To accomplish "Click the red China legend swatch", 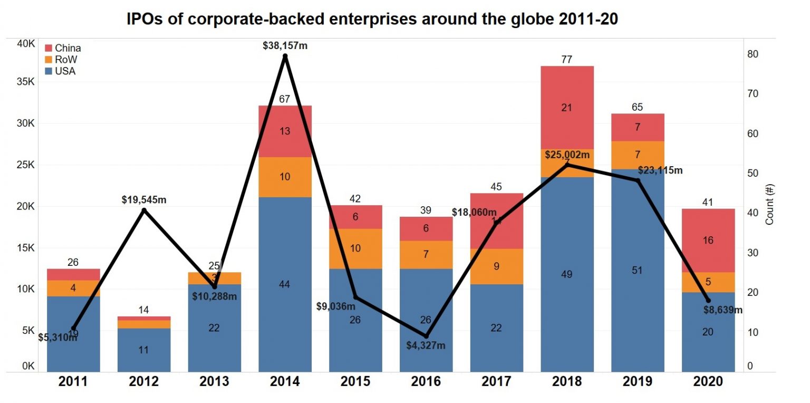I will [x=49, y=48].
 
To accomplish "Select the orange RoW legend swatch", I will [x=49, y=60].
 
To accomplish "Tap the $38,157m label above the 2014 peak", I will [x=285, y=46].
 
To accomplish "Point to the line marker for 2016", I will [x=426, y=336].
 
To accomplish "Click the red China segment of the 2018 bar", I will [x=567, y=108].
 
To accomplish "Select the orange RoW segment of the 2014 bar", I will [x=285, y=177].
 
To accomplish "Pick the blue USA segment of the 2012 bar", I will [x=143, y=350].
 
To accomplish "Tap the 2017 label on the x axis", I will [x=496, y=381].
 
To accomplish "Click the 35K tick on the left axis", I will [x=25, y=82].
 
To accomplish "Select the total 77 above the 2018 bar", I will [x=567, y=59].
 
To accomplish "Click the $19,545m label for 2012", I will [x=143, y=200].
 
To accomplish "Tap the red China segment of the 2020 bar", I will [x=708, y=241].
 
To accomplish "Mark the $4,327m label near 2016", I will [x=426, y=346].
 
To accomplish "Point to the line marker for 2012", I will [x=144, y=210].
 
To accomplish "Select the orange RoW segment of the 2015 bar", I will [x=355, y=248].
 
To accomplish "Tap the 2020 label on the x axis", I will [x=708, y=381].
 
